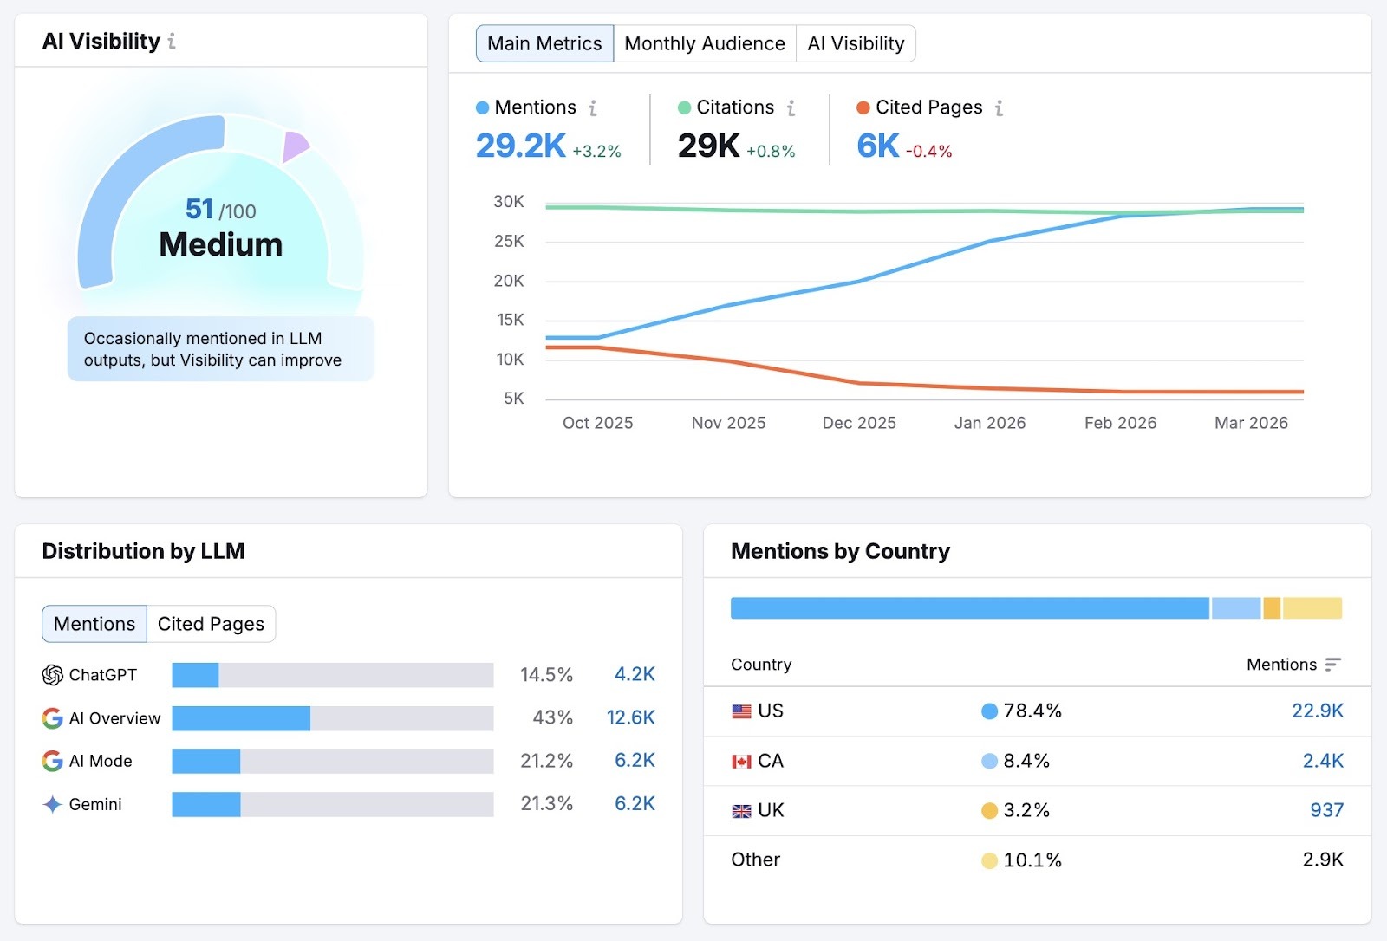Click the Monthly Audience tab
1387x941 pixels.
click(704, 43)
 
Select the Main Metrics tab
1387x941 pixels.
click(544, 43)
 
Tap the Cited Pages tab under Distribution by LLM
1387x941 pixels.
click(211, 624)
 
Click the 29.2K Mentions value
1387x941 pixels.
click(520, 146)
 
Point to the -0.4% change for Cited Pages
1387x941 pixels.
click(928, 152)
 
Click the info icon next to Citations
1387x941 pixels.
click(791, 108)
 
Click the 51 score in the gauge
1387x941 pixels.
click(199, 209)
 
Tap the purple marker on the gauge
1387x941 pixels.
click(294, 146)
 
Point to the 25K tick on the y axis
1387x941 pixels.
click(509, 241)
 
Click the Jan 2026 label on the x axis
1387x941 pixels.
click(989, 423)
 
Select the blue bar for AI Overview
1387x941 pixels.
click(241, 718)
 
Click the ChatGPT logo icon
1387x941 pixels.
click(52, 675)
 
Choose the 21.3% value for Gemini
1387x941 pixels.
click(546, 804)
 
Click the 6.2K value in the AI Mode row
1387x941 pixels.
click(635, 761)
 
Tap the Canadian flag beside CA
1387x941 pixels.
click(741, 762)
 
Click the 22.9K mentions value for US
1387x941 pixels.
click(1317, 711)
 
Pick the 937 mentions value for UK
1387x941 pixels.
click(1326, 811)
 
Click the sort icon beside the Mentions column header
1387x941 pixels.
click(1332, 665)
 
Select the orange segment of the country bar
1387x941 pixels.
click(1272, 608)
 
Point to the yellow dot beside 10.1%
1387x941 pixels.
click(989, 861)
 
